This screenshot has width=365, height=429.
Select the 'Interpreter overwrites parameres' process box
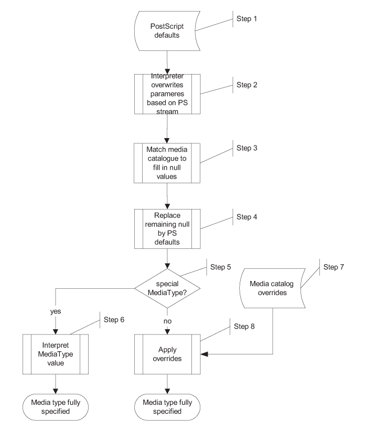tap(167, 93)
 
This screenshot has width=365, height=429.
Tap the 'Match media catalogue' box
tap(167, 162)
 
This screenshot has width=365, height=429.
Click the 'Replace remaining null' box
tap(167, 229)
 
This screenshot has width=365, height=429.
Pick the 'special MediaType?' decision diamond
tap(167, 287)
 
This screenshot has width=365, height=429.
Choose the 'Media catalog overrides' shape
tap(272, 288)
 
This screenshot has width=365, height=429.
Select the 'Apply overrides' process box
tap(167, 354)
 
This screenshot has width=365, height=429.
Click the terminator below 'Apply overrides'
tap(167, 406)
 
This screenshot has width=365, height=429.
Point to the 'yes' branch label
tap(56, 311)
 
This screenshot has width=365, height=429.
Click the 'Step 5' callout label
tap(221, 267)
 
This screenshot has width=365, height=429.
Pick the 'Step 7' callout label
tap(334, 267)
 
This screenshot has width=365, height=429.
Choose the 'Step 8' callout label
tap(244, 327)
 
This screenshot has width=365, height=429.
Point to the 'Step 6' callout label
tap(114, 319)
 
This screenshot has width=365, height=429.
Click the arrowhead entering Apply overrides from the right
tap(204, 354)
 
